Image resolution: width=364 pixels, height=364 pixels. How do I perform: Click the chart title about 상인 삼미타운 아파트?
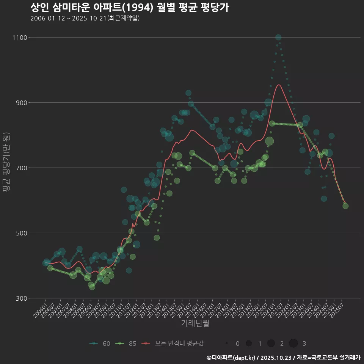[x=129, y=8]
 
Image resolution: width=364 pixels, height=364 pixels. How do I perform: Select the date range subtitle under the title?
[x=85, y=18]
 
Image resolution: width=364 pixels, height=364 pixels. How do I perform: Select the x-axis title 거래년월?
[x=195, y=323]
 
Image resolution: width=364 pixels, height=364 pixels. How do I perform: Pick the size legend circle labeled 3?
[x=293, y=344]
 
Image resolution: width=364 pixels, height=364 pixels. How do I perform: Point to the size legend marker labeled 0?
[x=227, y=344]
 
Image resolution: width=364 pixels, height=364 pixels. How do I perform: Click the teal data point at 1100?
[x=278, y=37]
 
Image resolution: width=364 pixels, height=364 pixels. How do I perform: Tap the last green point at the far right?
[x=345, y=206]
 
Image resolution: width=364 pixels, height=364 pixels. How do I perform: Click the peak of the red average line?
[x=279, y=85]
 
